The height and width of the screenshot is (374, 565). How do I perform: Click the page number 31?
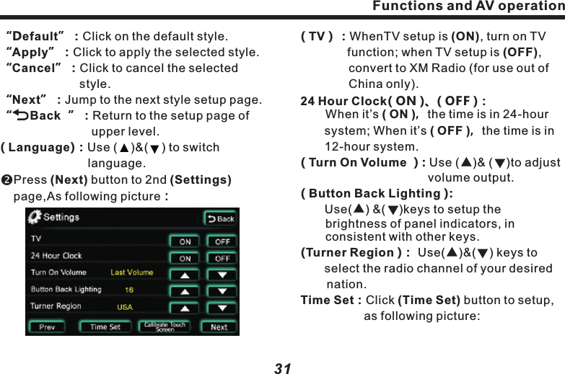point(283,368)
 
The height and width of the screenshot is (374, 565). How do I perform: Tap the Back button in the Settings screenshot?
point(221,218)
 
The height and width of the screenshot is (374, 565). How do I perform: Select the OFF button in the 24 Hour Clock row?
point(222,258)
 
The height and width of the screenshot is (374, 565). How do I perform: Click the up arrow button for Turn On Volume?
point(185,275)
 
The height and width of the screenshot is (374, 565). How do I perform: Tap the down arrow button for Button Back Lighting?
point(222,291)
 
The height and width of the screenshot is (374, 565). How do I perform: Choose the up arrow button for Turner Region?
point(185,308)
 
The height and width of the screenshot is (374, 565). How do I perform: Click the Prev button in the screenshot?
point(47,327)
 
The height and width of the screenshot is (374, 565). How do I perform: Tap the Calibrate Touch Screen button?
point(165,326)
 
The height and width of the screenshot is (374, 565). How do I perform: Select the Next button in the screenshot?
point(219,327)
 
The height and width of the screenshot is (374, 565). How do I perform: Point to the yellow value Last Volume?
point(131,272)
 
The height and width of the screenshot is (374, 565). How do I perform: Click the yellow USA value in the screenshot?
point(125,306)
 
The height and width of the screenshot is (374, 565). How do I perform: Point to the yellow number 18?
point(128,290)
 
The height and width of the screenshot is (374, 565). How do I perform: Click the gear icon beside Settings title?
point(34,217)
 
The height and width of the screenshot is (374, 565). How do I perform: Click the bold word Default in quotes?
point(35,36)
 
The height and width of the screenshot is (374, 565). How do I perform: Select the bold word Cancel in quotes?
point(34,68)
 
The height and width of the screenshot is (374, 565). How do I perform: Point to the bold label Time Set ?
point(330,300)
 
